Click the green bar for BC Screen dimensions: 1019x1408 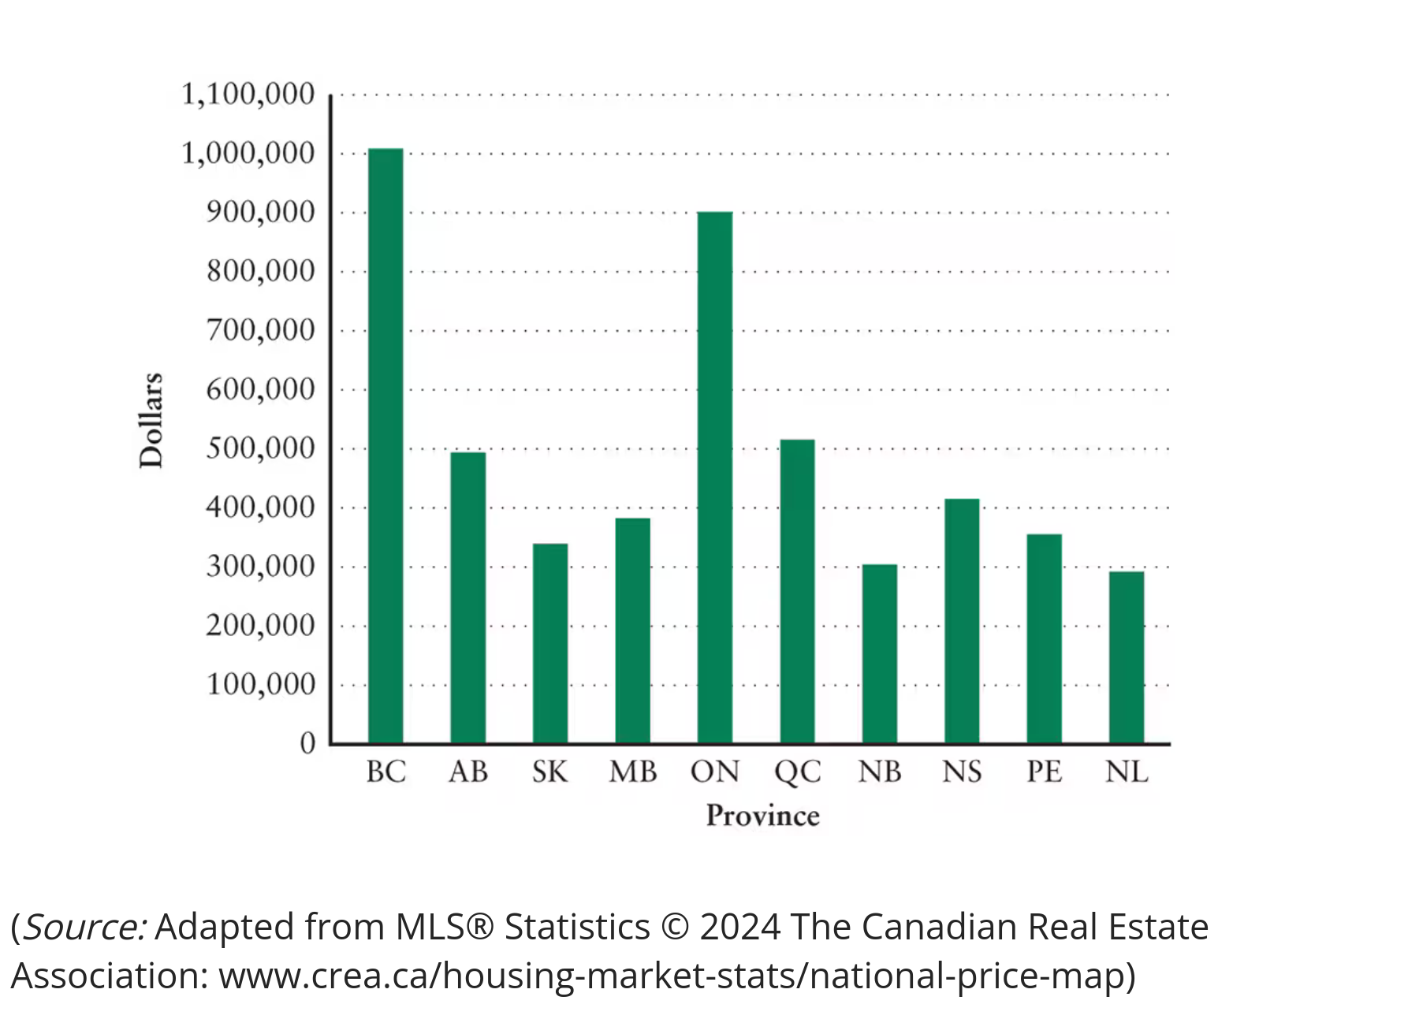coord(386,445)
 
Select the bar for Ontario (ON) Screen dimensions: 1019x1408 coord(714,477)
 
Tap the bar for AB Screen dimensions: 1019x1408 coord(467,597)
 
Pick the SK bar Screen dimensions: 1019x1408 coord(549,642)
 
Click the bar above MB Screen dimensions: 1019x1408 coord(632,630)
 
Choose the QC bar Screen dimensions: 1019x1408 coord(797,590)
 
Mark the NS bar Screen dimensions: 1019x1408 coord(962,620)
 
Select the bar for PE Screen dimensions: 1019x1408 coord(1044,638)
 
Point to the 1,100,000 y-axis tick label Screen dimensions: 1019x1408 coord(248,95)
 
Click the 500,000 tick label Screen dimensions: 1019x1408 coord(260,448)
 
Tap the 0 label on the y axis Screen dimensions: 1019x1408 coord(307,743)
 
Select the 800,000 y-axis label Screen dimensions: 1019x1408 coord(260,271)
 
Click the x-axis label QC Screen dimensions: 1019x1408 coord(797,772)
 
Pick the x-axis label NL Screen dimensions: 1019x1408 coord(1126,772)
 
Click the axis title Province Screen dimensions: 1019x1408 coord(762,816)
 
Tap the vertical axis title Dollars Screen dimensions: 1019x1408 coord(151,420)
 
